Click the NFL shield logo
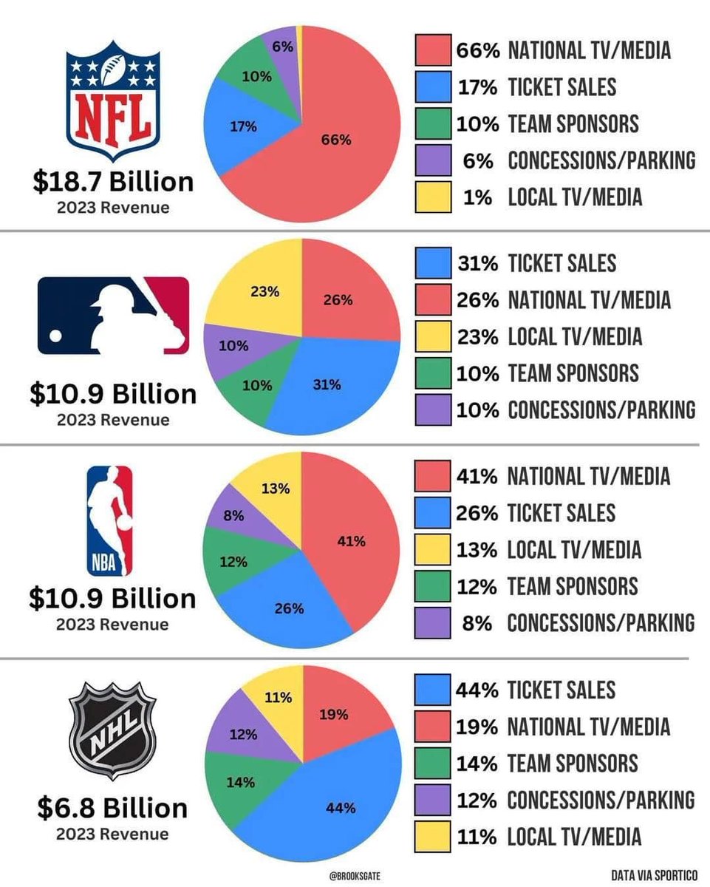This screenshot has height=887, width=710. (x=112, y=100)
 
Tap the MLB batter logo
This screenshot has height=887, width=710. (x=113, y=315)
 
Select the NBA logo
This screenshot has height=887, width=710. (x=111, y=520)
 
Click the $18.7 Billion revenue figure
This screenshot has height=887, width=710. (x=112, y=182)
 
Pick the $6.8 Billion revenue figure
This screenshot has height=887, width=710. (x=112, y=808)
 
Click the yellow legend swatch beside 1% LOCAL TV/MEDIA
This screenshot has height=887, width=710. (x=433, y=197)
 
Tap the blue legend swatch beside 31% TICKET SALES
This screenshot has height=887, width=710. (x=433, y=263)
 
